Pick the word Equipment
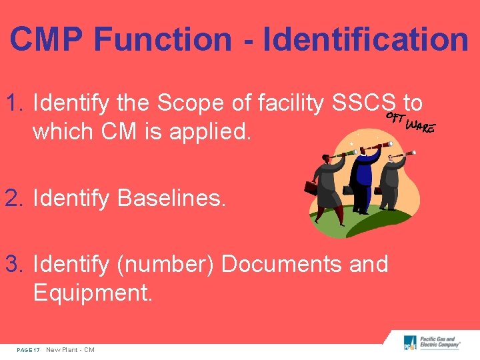pos(93,293)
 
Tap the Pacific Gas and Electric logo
pos(432,344)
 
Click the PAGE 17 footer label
pos(27,350)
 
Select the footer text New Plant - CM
pos(70,350)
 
